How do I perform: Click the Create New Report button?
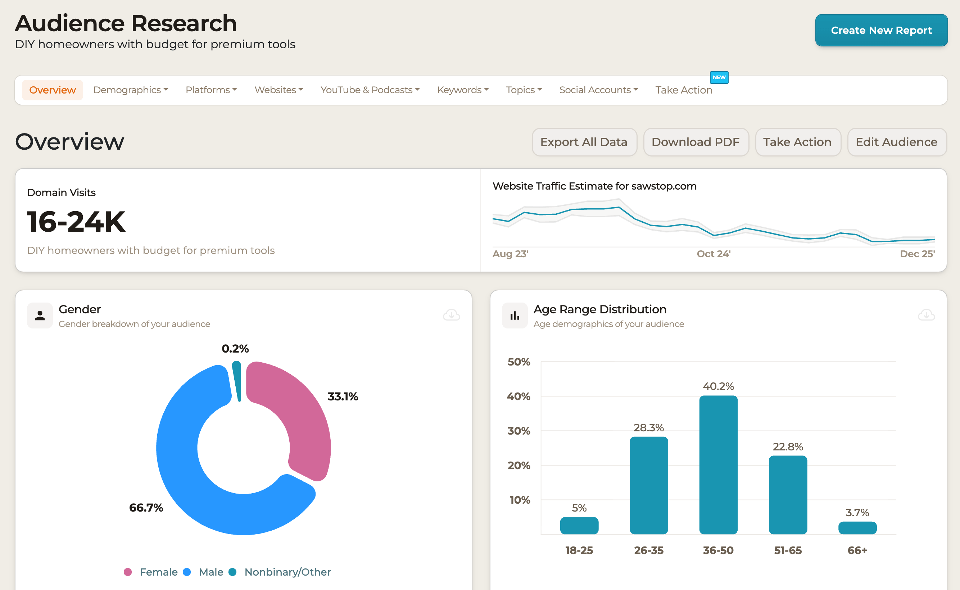881,31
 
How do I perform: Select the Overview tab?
52,90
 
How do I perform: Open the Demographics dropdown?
130,90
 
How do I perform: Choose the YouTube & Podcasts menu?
370,90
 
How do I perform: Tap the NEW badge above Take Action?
719,77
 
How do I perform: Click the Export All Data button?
584,142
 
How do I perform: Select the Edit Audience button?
896,142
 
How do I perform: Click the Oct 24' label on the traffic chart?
714,254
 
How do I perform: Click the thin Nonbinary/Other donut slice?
237,381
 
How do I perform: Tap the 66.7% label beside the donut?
146,508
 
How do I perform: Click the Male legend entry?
210,572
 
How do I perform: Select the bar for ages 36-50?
718,464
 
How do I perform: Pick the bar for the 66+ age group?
857,528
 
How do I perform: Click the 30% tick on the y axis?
519,431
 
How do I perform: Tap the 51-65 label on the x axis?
788,550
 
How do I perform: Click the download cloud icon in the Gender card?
451,314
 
